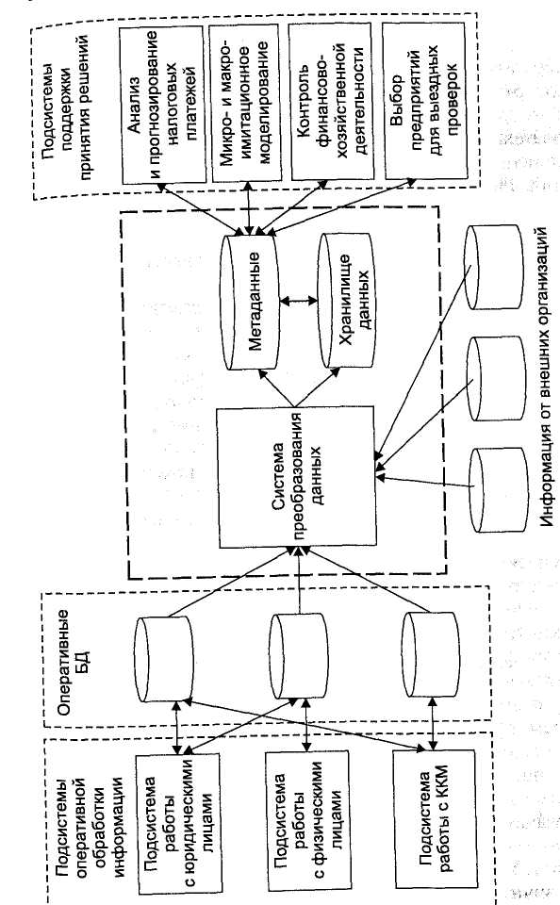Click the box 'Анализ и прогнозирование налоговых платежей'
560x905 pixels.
click(x=163, y=104)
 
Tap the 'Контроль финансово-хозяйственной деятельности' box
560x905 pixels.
click(x=332, y=101)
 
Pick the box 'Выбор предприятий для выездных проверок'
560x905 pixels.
click(x=424, y=100)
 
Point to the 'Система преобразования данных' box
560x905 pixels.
click(x=296, y=478)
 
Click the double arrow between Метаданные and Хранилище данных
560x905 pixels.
click(x=299, y=300)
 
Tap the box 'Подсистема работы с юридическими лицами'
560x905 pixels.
click(x=178, y=823)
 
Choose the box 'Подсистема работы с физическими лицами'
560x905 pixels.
click(x=306, y=822)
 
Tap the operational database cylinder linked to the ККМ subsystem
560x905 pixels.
click(x=431, y=655)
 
